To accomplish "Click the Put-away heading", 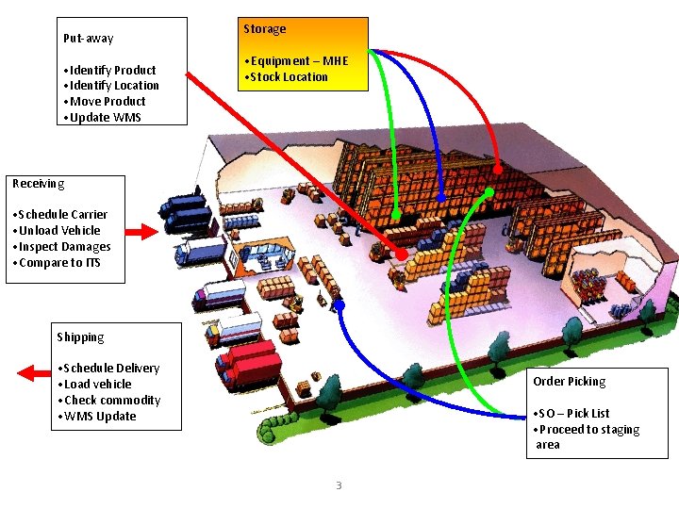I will [88, 39].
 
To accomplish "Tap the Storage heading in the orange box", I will [264, 29].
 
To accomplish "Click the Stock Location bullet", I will [289, 77].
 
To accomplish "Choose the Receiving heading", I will [38, 184].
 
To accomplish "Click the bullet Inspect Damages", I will [63, 247].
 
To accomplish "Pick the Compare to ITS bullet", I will [58, 263].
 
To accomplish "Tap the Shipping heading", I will [80, 337].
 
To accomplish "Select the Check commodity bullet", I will [110, 401].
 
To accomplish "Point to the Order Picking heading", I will [569, 382].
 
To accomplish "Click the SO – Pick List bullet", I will [573, 414].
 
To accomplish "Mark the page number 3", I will [339, 485].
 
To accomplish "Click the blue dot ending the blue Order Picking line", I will [339, 304].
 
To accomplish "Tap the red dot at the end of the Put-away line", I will [402, 255].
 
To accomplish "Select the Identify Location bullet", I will [110, 86].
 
